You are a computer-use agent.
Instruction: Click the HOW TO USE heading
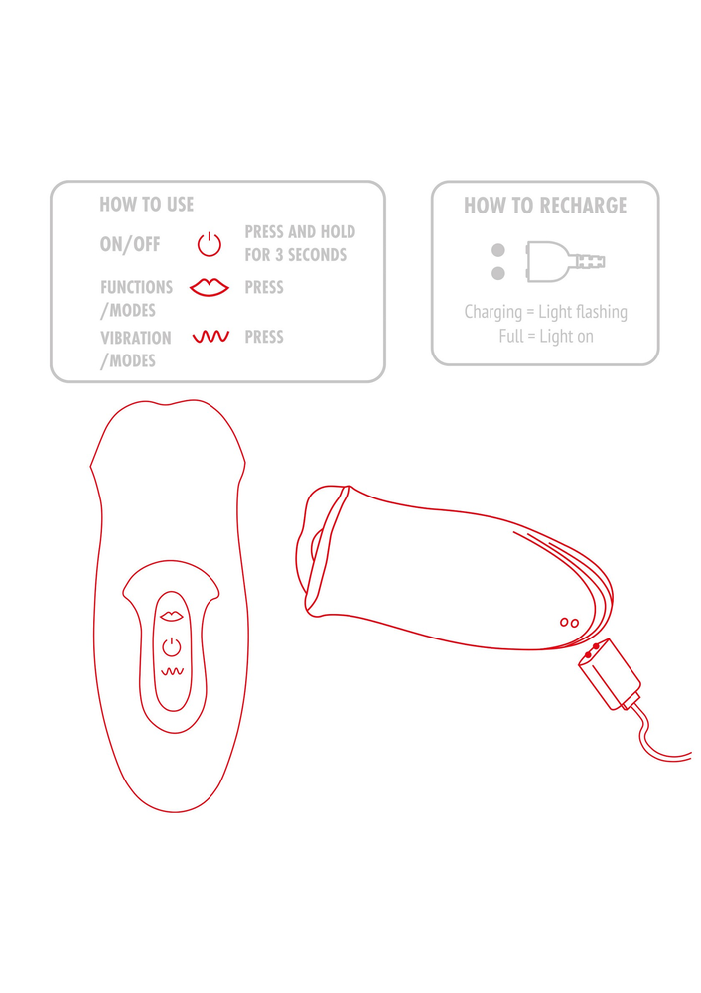[146, 204]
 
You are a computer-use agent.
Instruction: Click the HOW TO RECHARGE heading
[545, 206]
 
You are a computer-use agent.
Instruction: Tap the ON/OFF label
[130, 244]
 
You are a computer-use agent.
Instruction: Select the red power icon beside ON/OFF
[209, 244]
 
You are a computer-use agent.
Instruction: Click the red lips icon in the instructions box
[209, 287]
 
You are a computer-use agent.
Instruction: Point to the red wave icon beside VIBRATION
[210, 337]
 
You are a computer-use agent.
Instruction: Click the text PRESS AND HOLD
[300, 231]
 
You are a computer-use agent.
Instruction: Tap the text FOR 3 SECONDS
[296, 255]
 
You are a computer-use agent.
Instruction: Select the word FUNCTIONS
[136, 288]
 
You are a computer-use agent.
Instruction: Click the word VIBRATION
[135, 339]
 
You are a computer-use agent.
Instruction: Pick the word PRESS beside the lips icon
[264, 288]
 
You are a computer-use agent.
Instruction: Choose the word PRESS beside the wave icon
[264, 337]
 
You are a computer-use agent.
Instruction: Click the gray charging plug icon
[565, 261]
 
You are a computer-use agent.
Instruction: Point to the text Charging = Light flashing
[545, 312]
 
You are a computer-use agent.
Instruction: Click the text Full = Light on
[546, 336]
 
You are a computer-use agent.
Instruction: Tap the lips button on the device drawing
[172, 616]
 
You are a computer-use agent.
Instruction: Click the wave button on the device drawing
[172, 671]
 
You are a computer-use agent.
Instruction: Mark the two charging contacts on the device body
[569, 623]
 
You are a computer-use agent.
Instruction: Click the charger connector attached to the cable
[610, 674]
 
